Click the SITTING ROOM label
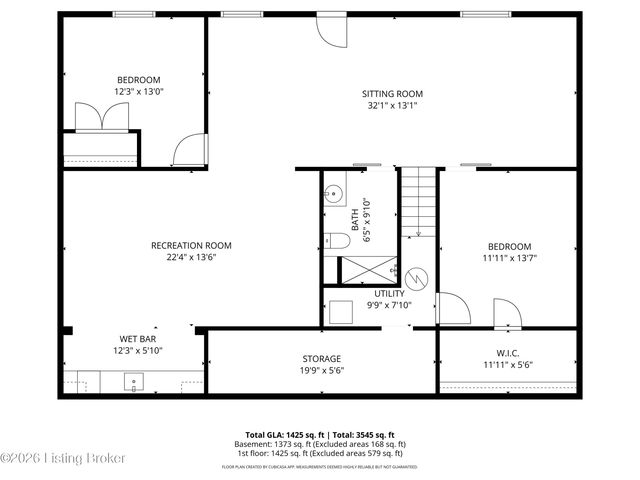pyautogui.click(x=392, y=94)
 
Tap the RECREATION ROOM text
pyautogui.click(x=191, y=245)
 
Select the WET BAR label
pyautogui.click(x=137, y=339)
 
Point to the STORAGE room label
pyautogui.click(x=322, y=358)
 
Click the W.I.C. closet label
pyautogui.click(x=508, y=352)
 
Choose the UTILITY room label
pyautogui.click(x=389, y=293)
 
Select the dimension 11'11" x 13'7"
pyautogui.click(x=509, y=258)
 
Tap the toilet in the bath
pyautogui.click(x=336, y=240)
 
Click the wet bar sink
pyautogui.click(x=134, y=381)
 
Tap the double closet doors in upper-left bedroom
pyautogui.click(x=100, y=117)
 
